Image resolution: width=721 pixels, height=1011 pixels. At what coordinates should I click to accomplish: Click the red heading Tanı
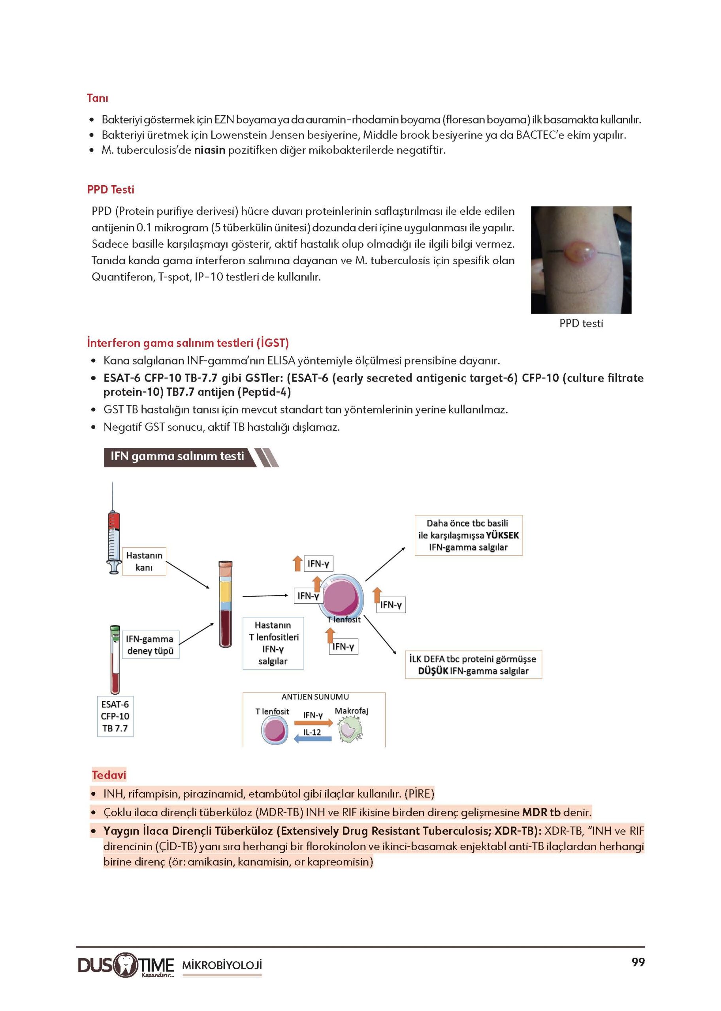[97, 98]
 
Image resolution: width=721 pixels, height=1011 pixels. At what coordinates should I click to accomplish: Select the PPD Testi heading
[111, 190]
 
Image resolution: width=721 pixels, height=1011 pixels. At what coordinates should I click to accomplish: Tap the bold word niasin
[209, 150]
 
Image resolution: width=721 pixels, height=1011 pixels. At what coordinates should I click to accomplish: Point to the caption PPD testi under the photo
[581, 323]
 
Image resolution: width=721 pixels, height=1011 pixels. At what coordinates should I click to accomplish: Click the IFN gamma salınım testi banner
[178, 457]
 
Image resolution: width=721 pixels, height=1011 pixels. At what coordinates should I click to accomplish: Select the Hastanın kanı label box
[144, 562]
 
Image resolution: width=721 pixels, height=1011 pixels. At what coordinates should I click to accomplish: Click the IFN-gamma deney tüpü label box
[150, 645]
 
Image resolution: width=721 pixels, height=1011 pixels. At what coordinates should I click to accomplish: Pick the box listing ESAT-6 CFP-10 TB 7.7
[115, 716]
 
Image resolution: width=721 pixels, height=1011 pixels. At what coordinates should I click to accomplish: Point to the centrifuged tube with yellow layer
[226, 603]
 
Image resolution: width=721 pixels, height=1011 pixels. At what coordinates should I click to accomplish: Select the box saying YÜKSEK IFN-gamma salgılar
[469, 535]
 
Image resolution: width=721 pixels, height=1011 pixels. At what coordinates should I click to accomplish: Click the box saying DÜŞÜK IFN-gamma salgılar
[473, 665]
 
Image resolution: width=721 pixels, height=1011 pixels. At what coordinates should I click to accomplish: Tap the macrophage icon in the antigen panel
[350, 731]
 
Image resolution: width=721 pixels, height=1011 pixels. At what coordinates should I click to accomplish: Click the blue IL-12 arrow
[313, 739]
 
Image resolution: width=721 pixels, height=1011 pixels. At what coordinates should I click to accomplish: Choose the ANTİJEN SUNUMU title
[315, 697]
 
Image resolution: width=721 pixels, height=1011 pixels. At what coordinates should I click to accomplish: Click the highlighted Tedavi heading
[109, 775]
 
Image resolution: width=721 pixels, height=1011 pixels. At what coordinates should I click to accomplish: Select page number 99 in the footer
[638, 962]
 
